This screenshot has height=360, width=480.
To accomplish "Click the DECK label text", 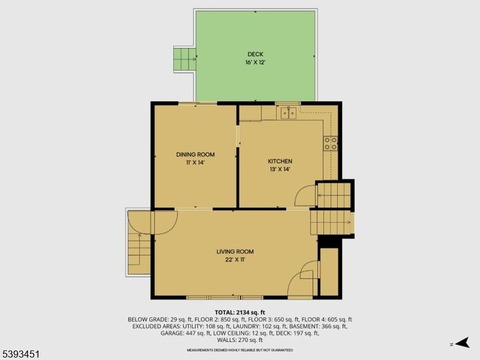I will click(x=255, y=55).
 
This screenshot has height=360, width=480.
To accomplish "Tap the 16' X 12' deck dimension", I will click(x=255, y=63).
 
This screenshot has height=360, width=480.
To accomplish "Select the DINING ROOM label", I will click(x=195, y=155).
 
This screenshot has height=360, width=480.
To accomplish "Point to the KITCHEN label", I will click(x=280, y=161).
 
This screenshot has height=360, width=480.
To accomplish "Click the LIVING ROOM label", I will click(x=235, y=251).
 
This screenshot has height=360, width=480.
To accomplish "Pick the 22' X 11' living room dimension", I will click(x=235, y=259).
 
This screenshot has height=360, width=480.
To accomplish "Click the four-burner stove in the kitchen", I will click(x=331, y=143).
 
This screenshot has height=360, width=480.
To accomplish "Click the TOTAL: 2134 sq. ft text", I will click(x=240, y=313).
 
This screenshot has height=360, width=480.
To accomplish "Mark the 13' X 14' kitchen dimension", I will click(x=280, y=169).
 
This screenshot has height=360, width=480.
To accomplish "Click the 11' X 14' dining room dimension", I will click(x=195, y=163).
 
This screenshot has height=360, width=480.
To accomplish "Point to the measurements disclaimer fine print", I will click(x=240, y=350).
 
